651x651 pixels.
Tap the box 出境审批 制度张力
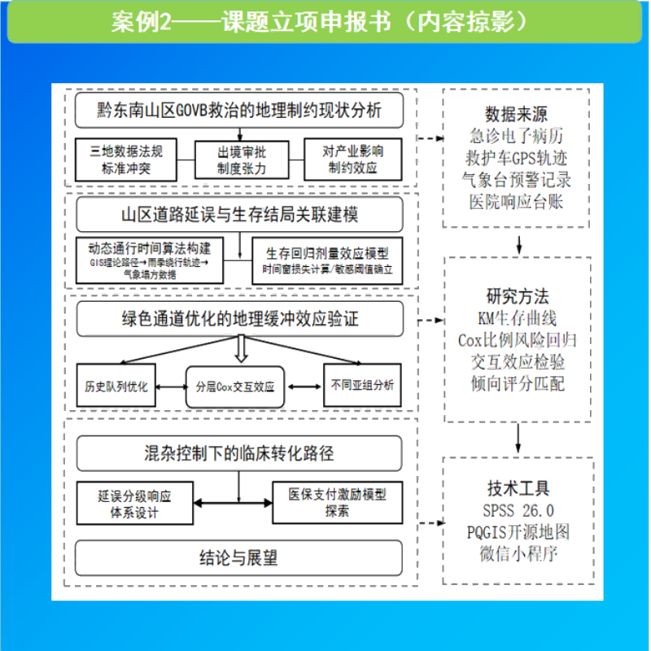(241, 160)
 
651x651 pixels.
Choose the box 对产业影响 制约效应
(353, 160)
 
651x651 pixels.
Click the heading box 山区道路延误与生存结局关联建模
(239, 216)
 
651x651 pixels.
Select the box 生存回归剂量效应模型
(326, 260)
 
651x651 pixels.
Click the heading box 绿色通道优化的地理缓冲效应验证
(239, 319)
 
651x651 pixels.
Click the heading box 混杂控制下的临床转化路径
(239, 453)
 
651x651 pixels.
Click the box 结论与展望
(239, 557)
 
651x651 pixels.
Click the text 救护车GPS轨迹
(518, 156)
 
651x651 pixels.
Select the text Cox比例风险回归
(518, 339)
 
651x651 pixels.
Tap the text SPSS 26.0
(518, 511)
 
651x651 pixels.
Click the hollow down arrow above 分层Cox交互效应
(240, 349)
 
